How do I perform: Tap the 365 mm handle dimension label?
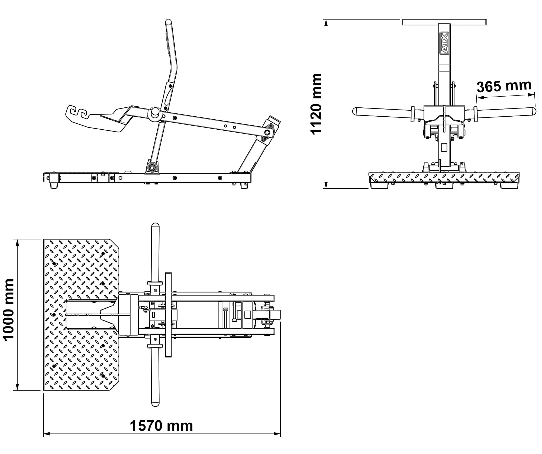504,86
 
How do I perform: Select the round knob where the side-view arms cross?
155,112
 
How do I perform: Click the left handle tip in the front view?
355,111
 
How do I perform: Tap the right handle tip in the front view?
533,111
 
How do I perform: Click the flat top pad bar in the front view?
444,22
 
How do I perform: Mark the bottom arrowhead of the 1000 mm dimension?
18,387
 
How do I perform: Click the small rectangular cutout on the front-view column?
444,147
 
